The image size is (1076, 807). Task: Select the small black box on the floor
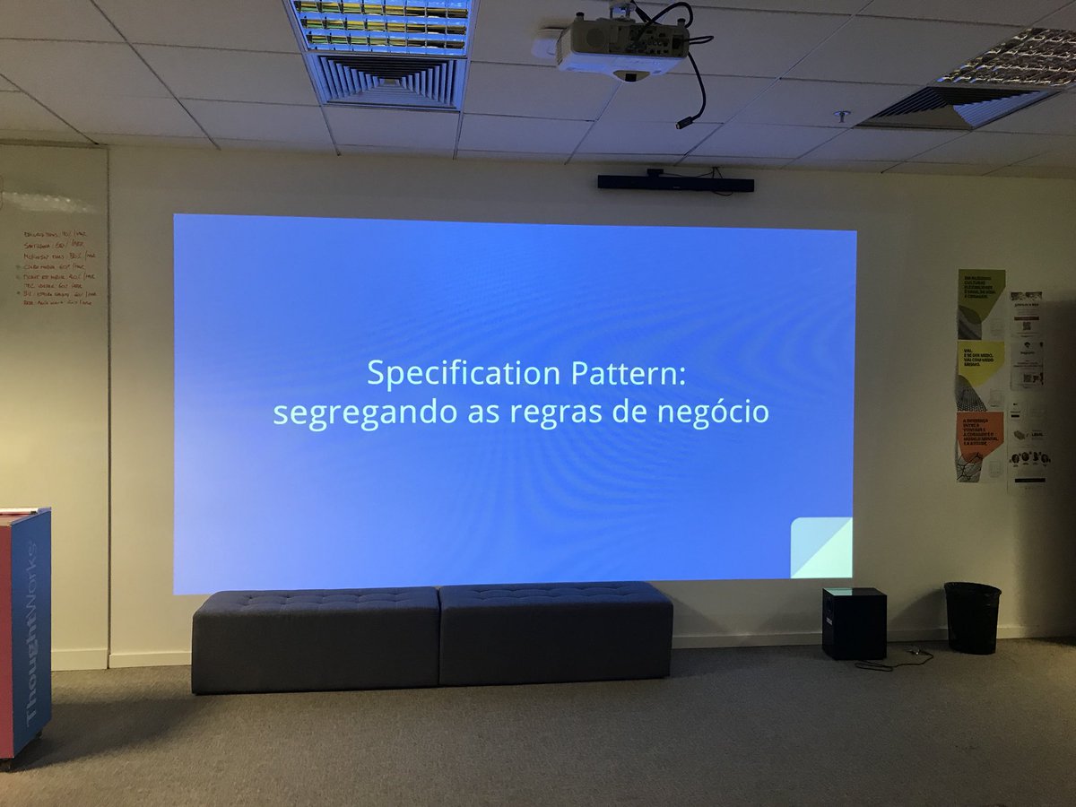(854, 622)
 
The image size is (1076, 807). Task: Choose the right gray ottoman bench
(556, 632)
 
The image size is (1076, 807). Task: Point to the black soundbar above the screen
(675, 183)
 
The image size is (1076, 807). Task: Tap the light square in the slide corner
(821, 548)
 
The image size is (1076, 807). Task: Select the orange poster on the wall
(979, 447)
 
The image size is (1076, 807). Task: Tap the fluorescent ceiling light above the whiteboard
(383, 24)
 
